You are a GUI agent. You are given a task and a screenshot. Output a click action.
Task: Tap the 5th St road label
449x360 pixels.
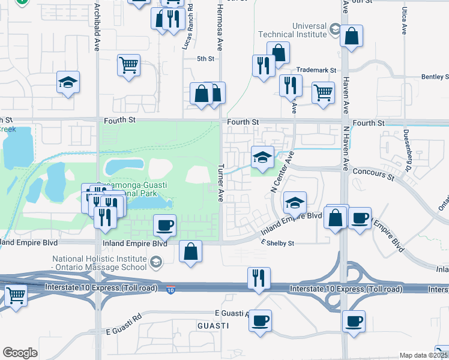tap(206, 58)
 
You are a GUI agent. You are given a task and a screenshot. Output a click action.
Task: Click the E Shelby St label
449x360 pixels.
tap(277, 243)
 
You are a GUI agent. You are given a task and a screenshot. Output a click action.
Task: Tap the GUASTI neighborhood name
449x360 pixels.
tap(213, 325)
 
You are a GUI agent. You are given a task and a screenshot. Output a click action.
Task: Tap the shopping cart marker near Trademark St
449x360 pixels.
tap(323, 93)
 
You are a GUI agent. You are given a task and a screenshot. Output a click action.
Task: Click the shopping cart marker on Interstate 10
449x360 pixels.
tap(16, 295)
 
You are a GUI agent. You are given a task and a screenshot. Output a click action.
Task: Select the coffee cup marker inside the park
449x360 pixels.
tap(164, 226)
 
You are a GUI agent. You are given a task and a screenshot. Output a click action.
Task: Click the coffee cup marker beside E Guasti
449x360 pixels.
tap(260, 320)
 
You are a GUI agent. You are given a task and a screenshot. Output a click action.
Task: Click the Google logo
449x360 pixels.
tap(20, 353)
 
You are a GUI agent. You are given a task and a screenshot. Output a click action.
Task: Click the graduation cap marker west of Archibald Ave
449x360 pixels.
tap(68, 82)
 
